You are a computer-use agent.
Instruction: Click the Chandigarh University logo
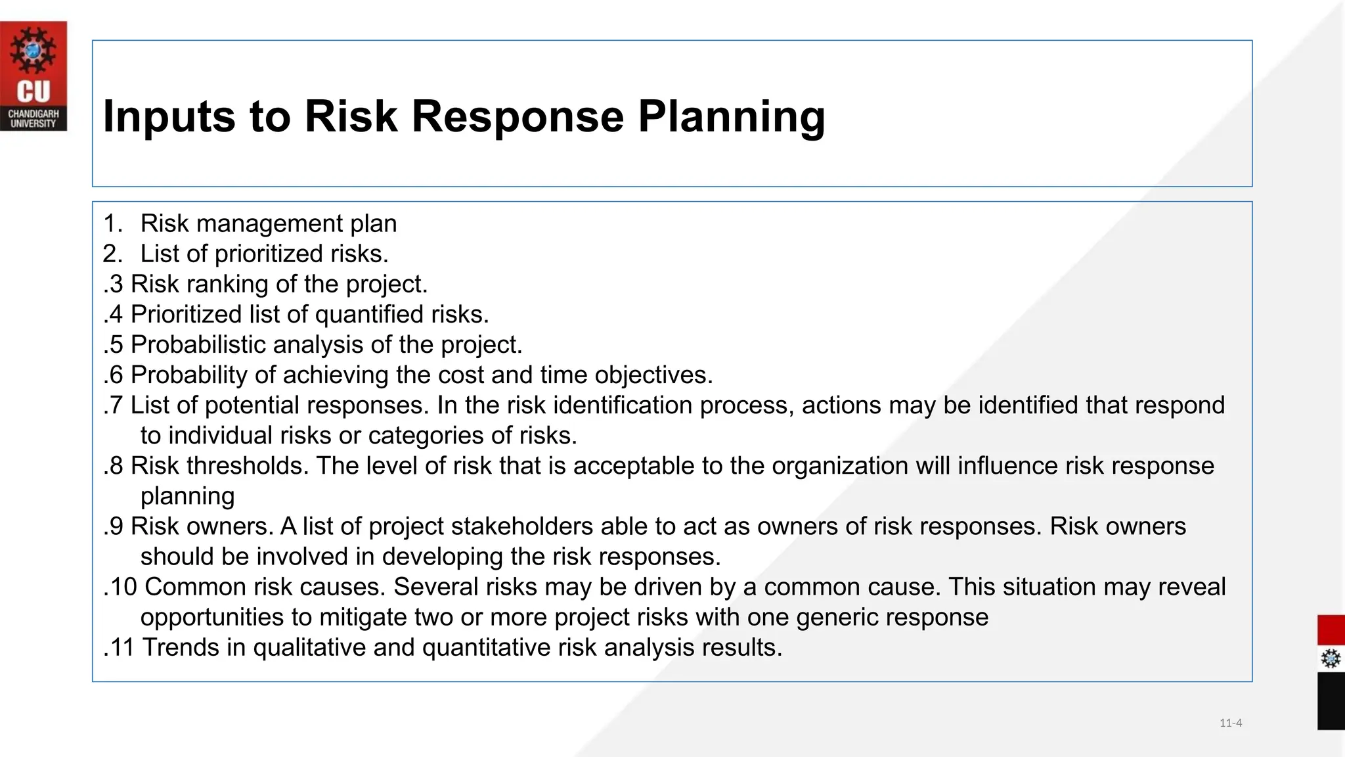[33, 76]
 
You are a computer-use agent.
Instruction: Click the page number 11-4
[1230, 723]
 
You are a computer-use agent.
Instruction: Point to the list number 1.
[112, 223]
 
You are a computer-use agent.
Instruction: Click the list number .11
[119, 647]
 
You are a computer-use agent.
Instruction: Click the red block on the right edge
[1331, 630]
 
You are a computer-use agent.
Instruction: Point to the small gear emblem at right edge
[1331, 658]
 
